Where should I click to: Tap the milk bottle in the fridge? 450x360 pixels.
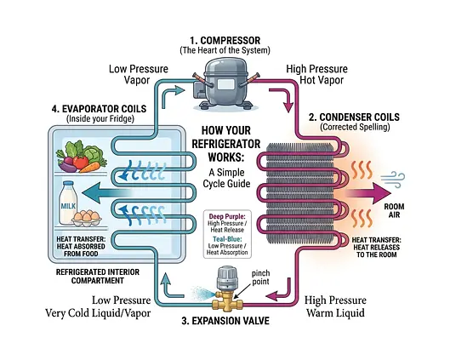pyautogui.click(x=68, y=203)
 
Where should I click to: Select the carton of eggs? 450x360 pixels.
pyautogui.click(x=87, y=219)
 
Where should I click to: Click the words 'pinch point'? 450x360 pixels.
pyautogui.click(x=260, y=277)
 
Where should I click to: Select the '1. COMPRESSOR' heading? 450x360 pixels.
pyautogui.click(x=225, y=40)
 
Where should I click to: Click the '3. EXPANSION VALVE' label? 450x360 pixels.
pyautogui.click(x=225, y=321)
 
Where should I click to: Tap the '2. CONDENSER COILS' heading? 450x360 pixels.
pyautogui.click(x=354, y=117)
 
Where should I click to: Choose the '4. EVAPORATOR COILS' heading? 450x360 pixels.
pyautogui.click(x=99, y=109)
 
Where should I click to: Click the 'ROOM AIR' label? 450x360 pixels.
pyautogui.click(x=394, y=211)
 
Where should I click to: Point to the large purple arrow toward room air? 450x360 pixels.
pyautogui.click(x=368, y=193)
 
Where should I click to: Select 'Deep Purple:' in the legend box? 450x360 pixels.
pyautogui.click(x=227, y=216)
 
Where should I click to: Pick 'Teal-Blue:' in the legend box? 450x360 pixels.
pyautogui.click(x=227, y=239)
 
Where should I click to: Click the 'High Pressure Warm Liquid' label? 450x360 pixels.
pyautogui.click(x=335, y=306)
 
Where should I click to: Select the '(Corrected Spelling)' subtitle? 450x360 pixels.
pyautogui.click(x=355, y=127)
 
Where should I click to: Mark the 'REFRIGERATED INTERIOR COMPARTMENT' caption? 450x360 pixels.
pyautogui.click(x=98, y=277)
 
